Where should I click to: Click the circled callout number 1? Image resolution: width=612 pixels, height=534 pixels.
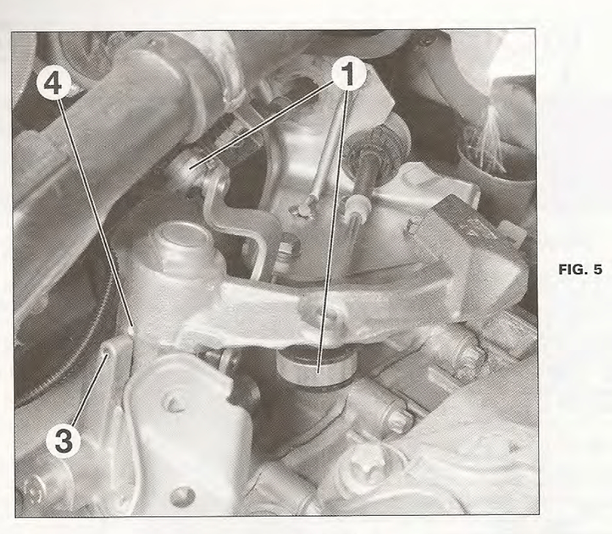click(x=348, y=75)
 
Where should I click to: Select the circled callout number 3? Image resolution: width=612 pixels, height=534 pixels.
click(x=63, y=440)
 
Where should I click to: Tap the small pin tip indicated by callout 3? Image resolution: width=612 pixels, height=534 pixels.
click(x=109, y=346)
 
